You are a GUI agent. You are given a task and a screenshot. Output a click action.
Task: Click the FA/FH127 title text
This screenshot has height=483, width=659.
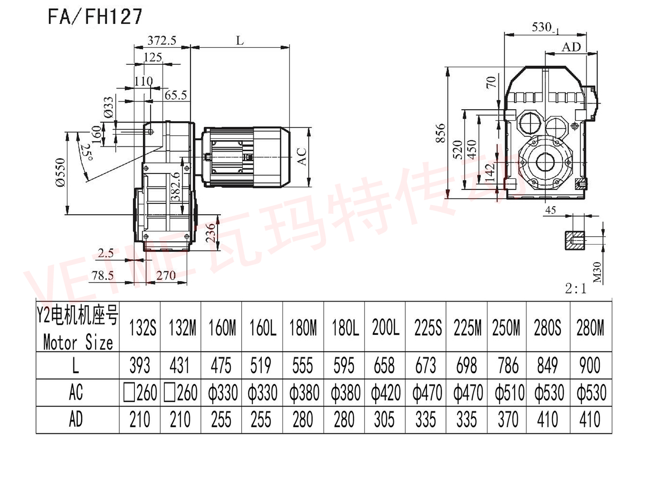click(95, 17)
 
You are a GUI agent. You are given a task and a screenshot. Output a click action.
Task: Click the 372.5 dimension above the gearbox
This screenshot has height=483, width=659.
click(162, 40)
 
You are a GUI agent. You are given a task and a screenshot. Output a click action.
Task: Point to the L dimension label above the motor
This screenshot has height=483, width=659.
click(240, 41)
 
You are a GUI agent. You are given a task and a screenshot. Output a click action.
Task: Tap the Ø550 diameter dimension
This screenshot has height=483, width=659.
click(60, 172)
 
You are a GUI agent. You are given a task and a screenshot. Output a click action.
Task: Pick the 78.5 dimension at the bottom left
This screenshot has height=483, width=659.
click(102, 276)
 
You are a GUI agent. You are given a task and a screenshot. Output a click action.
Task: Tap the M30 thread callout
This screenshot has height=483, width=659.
click(597, 272)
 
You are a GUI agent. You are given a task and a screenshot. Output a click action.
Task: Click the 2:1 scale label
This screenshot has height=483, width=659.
click(576, 289)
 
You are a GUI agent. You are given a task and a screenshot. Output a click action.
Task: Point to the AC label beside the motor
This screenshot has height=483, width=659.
click(302, 156)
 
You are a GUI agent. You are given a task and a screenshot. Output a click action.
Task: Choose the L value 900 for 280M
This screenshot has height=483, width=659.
click(590, 365)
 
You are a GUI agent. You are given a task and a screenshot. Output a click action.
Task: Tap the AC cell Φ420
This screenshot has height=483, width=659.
click(385, 393)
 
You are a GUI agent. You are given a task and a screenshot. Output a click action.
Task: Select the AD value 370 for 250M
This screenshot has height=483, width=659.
click(507, 420)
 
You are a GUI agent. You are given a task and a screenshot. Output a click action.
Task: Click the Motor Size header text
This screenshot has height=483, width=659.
click(78, 343)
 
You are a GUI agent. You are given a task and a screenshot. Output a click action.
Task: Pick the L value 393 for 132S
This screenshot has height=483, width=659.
click(140, 365)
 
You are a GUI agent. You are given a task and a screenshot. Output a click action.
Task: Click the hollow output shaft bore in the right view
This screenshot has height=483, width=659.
click(545, 162)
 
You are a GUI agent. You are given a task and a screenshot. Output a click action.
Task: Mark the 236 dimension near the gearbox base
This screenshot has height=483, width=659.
click(211, 232)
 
